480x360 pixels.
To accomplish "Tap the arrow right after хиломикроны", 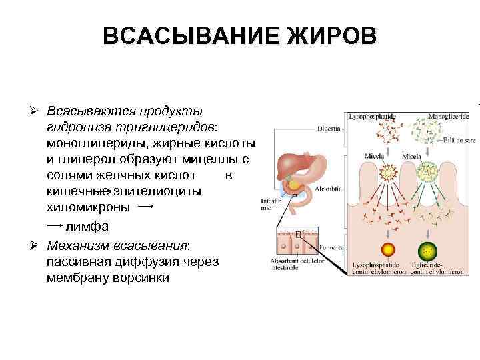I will [x=145, y=207].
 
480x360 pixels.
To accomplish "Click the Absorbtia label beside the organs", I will [x=329, y=189].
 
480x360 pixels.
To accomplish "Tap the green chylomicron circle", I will [x=427, y=251].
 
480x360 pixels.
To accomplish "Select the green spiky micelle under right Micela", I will [x=426, y=173].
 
